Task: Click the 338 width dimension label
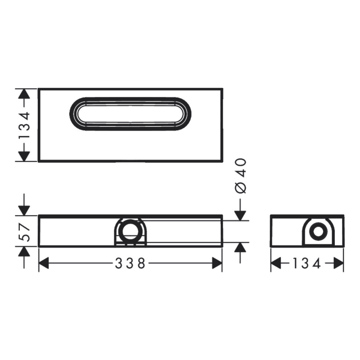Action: click(130, 264)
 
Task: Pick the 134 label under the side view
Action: click(306, 264)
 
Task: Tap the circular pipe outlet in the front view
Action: click(130, 229)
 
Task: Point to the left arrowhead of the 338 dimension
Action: click(44, 264)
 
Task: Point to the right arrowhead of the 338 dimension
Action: click(217, 264)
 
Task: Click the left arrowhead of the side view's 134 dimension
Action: click(275, 264)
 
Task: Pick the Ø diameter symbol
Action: click(241, 188)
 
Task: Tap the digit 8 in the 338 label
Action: click(142, 264)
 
